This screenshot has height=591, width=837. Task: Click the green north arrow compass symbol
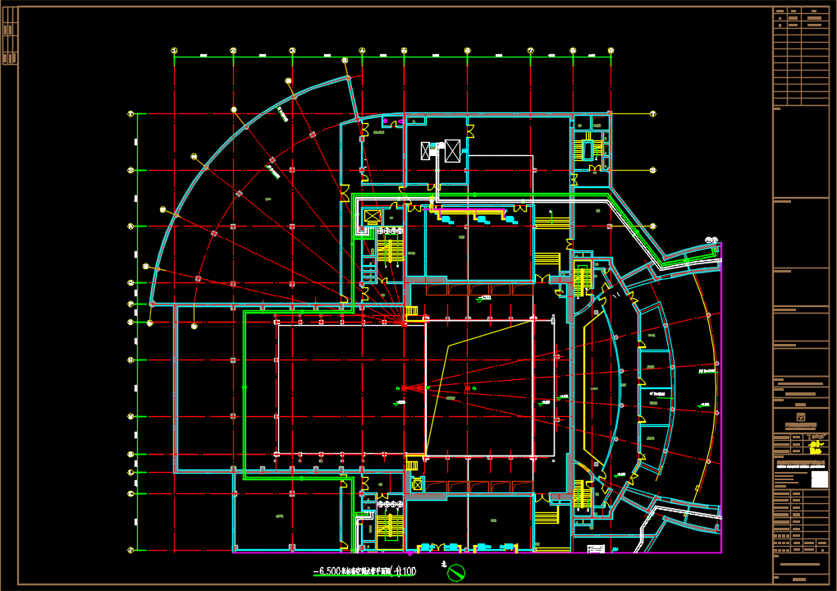(x=456, y=571)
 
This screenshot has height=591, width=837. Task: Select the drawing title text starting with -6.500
(x=364, y=571)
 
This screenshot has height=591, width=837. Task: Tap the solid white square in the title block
(x=819, y=480)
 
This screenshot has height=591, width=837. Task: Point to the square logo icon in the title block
(x=802, y=417)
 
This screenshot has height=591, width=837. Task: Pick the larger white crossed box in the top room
(x=451, y=150)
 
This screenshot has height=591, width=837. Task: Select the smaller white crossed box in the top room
(x=426, y=150)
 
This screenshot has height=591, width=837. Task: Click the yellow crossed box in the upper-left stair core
(x=372, y=217)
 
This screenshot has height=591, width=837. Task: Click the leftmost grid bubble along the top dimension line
(x=174, y=51)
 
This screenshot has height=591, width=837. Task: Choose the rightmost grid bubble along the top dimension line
(x=611, y=51)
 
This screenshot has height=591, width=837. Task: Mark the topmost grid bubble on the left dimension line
(x=130, y=113)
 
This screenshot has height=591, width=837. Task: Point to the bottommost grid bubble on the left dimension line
(x=130, y=550)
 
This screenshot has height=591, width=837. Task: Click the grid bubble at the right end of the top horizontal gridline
(x=653, y=113)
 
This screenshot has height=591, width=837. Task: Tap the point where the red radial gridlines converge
(x=405, y=323)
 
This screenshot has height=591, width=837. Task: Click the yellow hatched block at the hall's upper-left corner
(x=412, y=310)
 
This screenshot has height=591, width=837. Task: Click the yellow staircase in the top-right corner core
(x=587, y=150)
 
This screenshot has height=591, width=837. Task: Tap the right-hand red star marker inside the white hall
(x=467, y=388)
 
